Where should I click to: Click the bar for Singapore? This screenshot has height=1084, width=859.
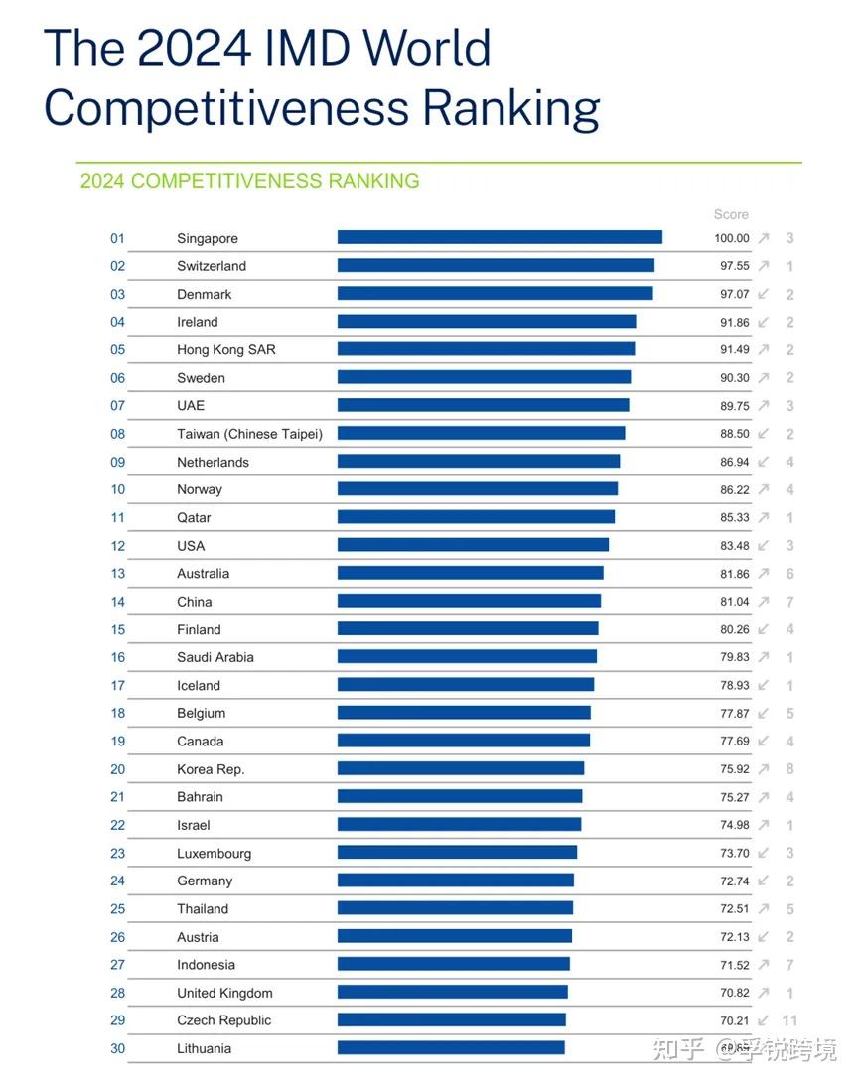point(500,237)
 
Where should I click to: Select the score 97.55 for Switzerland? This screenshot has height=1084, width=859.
point(732,266)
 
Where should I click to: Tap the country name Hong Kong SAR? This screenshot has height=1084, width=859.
point(226,349)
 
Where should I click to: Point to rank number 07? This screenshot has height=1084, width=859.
point(118,406)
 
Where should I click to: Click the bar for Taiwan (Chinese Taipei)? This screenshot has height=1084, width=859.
point(482,433)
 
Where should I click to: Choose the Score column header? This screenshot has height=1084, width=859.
point(731,214)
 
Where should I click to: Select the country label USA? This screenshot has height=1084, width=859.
point(191,546)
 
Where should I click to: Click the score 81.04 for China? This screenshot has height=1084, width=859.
point(732,602)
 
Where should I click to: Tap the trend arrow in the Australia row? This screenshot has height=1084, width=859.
point(764,574)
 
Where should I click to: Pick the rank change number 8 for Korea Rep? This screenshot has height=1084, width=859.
point(789,769)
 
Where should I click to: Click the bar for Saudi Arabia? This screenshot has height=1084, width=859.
point(467,657)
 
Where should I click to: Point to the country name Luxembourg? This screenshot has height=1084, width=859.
point(215,854)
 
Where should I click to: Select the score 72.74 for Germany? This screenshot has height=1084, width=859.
point(732,881)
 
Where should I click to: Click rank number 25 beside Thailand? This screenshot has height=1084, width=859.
point(118,909)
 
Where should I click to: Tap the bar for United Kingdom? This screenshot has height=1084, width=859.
point(453,993)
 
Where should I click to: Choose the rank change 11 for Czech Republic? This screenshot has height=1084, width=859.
point(789,1020)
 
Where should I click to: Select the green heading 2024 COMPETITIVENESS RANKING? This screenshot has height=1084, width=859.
point(249,181)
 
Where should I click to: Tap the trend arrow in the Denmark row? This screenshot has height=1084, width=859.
point(764,294)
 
